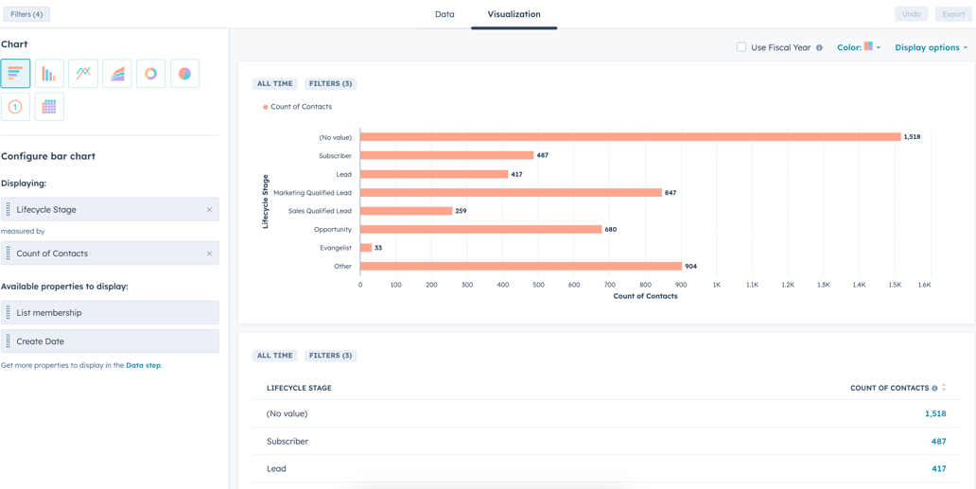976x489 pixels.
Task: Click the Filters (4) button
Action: (x=26, y=14)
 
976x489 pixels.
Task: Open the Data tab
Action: (x=444, y=14)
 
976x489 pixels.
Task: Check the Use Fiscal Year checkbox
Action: (x=741, y=47)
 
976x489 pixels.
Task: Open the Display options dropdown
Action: (x=931, y=47)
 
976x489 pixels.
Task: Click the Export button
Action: (x=953, y=14)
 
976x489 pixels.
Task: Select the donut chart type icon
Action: (x=150, y=74)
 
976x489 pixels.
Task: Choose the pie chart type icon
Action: (x=184, y=74)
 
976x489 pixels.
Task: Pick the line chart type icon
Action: (x=83, y=74)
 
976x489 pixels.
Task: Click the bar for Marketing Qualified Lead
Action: (x=511, y=193)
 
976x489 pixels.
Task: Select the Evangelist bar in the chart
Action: (x=366, y=248)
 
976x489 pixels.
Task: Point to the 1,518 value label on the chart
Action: (x=912, y=137)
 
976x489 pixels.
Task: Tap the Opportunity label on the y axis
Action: (x=332, y=230)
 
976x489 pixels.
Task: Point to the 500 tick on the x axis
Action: (x=538, y=285)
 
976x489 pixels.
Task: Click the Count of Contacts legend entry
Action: (x=300, y=107)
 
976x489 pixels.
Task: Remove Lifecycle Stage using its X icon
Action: (x=209, y=210)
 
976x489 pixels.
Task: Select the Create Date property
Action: (x=110, y=341)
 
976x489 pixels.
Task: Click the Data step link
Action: (x=143, y=365)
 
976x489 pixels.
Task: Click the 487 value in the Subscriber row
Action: (x=938, y=442)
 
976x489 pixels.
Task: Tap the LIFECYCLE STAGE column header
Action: (x=299, y=388)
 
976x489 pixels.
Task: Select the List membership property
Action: (x=110, y=313)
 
